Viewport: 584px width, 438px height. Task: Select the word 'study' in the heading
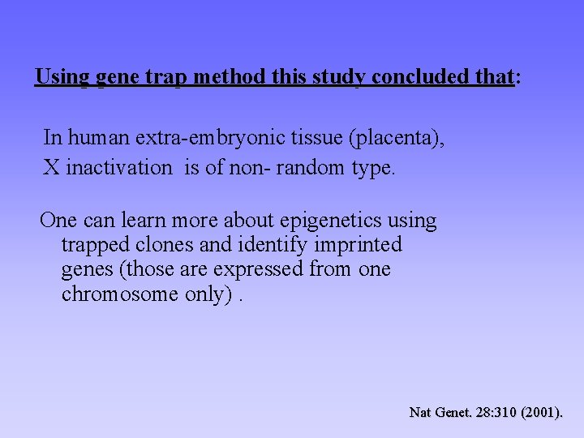tap(340, 78)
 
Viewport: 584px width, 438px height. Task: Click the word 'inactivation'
tap(119, 168)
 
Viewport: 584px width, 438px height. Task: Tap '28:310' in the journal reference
tap(496, 413)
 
